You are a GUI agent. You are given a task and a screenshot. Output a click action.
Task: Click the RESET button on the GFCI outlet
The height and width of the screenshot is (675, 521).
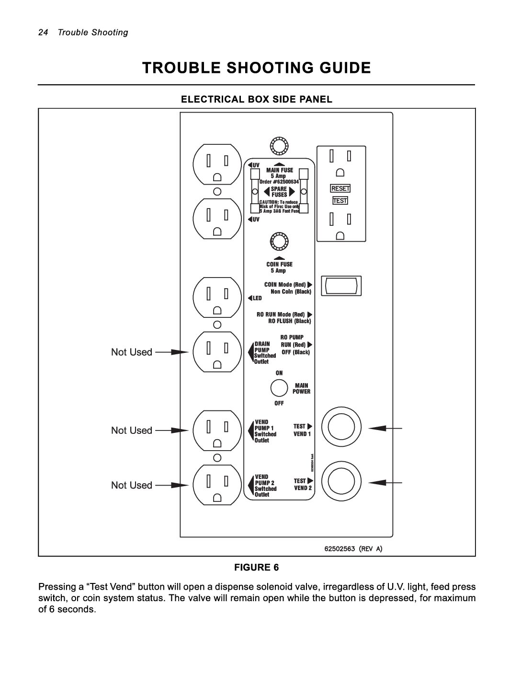point(340,188)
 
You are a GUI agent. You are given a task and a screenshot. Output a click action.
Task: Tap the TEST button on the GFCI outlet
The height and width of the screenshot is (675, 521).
point(340,201)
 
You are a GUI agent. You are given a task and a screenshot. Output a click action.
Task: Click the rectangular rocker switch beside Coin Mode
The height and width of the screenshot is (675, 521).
point(341,286)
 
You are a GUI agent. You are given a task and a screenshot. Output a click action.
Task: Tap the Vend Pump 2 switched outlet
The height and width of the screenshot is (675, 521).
point(217,486)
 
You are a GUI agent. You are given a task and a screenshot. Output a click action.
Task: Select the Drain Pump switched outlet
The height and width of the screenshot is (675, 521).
point(217,352)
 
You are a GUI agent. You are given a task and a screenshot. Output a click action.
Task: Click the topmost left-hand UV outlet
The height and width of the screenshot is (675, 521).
point(217,165)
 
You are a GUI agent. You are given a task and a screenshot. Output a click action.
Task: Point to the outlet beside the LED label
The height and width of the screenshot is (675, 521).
point(217,298)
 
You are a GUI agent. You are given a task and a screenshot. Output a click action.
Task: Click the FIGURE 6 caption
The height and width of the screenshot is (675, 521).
point(256,568)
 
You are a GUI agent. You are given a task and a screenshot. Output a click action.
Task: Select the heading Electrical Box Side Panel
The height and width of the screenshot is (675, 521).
point(256,99)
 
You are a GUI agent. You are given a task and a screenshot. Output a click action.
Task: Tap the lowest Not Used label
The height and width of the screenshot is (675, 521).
point(132,485)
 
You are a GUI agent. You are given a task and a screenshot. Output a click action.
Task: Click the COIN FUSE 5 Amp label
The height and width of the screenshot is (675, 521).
point(279,268)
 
